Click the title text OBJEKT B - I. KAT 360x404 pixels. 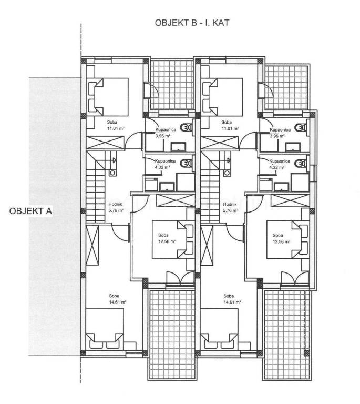pos(192,23)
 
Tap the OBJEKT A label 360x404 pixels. pos(30,211)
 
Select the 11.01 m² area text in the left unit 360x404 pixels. pos(116,128)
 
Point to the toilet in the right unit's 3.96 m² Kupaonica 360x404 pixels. pos(301,127)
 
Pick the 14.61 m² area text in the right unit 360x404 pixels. pos(232,302)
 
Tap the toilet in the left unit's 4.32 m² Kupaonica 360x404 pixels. pos(187,164)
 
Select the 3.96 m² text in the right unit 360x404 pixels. pos(277,136)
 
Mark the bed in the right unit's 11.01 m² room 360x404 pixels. pos(223,97)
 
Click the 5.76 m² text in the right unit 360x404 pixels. pos(230,210)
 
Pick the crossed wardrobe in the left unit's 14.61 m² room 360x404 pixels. pos(92,245)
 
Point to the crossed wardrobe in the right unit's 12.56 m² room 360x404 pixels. pos(290,201)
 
